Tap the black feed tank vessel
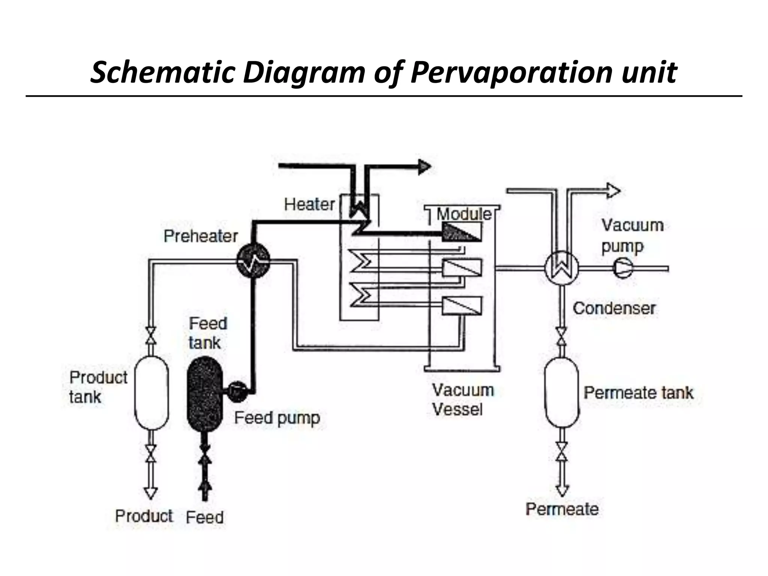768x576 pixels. coord(205,394)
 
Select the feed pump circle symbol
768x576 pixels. coord(237,391)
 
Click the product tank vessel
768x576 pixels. coord(151,392)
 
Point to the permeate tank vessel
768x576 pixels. coord(561,392)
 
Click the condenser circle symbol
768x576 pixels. coord(561,268)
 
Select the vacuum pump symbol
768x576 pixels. coord(622,268)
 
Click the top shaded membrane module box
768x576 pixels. coord(462,232)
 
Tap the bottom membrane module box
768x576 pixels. coord(462,305)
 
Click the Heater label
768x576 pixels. coord(309,205)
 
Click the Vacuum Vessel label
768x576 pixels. coord(462,400)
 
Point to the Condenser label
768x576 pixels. coord(614,308)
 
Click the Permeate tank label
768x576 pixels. coord(638,393)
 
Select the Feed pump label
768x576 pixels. coord(277,418)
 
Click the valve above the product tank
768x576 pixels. coord(151,335)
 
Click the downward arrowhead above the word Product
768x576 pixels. coord(150,493)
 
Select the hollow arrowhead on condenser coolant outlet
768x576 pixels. coord(613,190)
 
